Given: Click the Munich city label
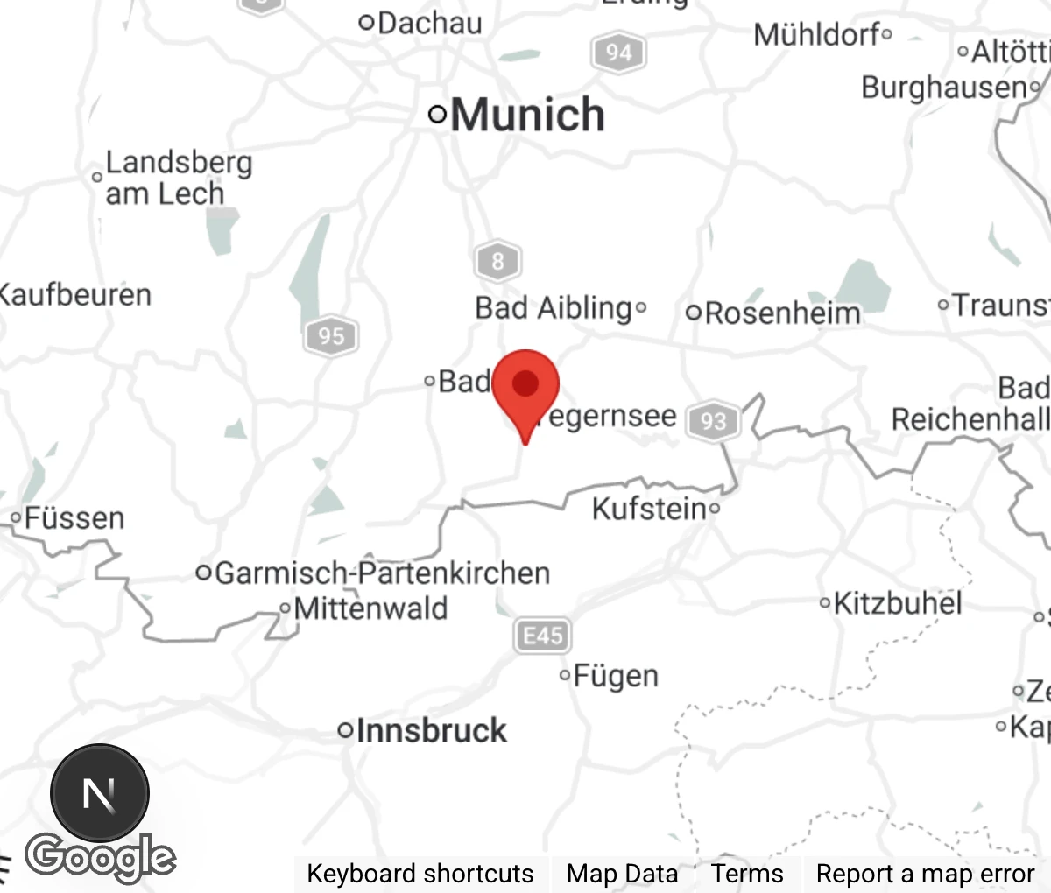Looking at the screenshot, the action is [x=527, y=115].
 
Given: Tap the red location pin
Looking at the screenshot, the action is [x=525, y=385].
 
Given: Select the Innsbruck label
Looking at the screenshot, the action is [x=431, y=730].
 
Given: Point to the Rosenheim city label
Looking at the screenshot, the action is [x=782, y=313].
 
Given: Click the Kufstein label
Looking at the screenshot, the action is [x=648, y=508].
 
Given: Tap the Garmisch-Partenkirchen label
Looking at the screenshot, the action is [x=382, y=573].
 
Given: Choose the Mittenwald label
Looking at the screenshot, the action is [x=370, y=608].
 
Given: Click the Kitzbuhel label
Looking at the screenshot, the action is [x=897, y=603].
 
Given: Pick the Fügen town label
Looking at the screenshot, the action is [x=616, y=676].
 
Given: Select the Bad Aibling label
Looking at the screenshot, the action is [x=553, y=308].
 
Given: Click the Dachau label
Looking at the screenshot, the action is [x=429, y=23].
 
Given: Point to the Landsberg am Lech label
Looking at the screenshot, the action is [x=178, y=178].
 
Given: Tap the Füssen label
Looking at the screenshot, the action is [x=74, y=518].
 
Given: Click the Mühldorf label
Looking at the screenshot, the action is [x=816, y=35].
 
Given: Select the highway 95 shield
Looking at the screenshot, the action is [x=330, y=336].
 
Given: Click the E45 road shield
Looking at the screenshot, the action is [x=542, y=635].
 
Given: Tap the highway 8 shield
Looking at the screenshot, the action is [x=497, y=261].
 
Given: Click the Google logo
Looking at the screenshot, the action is [x=100, y=857].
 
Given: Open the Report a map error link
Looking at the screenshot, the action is [x=925, y=874].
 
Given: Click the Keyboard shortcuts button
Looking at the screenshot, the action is [x=420, y=874].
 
